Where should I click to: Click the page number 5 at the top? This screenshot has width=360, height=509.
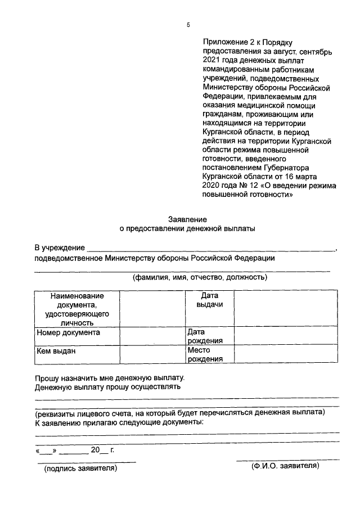[x=188, y=25]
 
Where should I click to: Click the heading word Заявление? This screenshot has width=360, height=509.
[x=188, y=219]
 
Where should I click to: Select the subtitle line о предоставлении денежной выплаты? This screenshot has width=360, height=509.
[x=188, y=229]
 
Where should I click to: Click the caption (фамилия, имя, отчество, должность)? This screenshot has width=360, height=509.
[x=200, y=277]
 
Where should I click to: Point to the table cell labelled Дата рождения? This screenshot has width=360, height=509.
[x=205, y=336]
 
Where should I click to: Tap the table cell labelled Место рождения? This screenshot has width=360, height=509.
[x=205, y=354]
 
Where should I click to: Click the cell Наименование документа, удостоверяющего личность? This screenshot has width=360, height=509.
[x=77, y=309]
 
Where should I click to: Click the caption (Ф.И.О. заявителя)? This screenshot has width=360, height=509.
[x=285, y=466]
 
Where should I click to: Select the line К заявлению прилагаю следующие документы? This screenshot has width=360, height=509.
[x=119, y=421]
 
